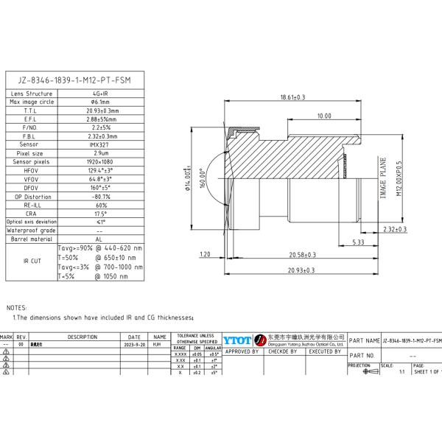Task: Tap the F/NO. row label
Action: coord(31,127)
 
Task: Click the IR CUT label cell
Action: coord(31,261)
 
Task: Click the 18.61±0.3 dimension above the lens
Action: coord(292,97)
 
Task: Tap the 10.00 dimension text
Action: coord(323,116)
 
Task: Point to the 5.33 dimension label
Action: coord(358,242)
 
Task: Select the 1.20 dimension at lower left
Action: coord(205,254)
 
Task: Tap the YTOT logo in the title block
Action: coord(236,340)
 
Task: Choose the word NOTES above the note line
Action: coord(16,307)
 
